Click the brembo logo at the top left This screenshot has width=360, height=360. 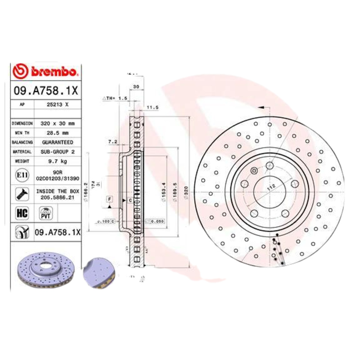[x=45, y=72]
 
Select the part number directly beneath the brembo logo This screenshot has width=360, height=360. [x=46, y=90]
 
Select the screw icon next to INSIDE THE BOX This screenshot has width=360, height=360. [x=21, y=194]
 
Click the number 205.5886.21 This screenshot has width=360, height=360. [x=57, y=197]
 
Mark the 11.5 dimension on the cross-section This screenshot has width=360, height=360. [x=153, y=108]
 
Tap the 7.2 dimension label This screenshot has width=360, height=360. [x=112, y=142]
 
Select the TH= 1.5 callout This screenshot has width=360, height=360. [x=115, y=98]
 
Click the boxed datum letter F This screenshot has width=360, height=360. [x=109, y=198]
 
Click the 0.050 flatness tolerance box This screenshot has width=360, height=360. [x=156, y=221]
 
